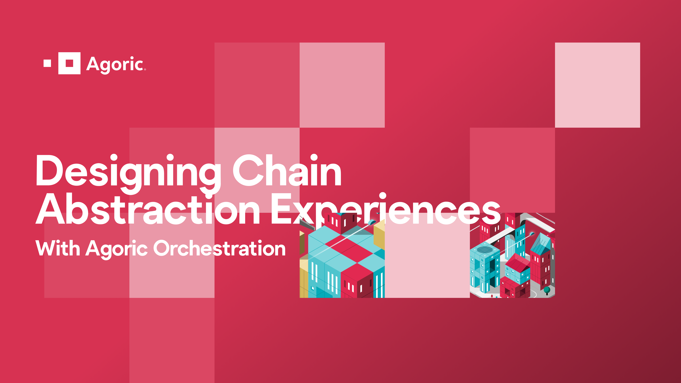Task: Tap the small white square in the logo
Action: [47, 63]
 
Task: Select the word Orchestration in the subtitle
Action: [219, 249]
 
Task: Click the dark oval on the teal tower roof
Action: [485, 250]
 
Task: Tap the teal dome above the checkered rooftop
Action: [372, 222]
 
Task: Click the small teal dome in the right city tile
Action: [532, 234]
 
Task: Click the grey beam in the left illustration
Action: [307, 225]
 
